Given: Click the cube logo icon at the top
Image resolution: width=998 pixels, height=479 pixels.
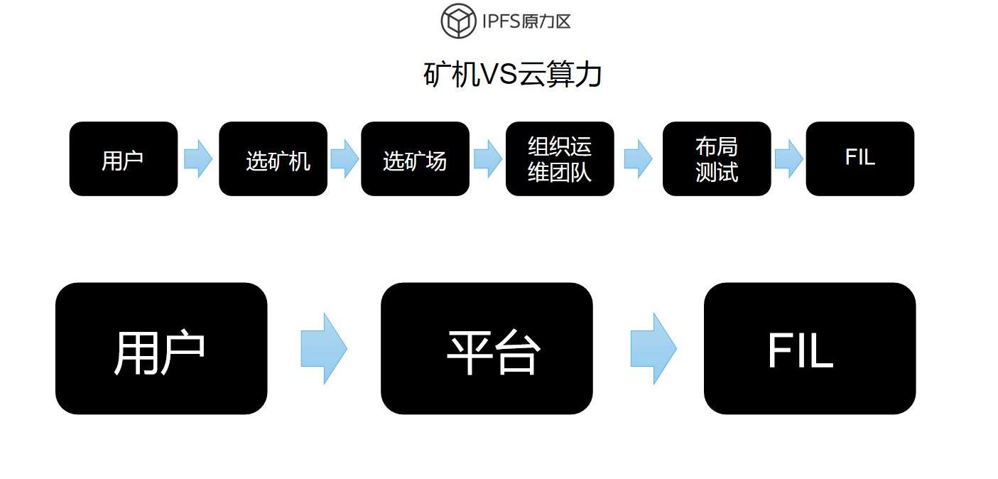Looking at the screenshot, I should tap(458, 21).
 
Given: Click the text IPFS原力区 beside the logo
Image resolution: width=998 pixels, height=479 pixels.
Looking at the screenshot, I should tap(526, 21).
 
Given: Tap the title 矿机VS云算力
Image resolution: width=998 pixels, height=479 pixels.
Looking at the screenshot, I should tap(512, 75).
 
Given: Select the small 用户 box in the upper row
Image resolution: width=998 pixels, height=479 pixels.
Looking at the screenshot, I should tap(123, 159).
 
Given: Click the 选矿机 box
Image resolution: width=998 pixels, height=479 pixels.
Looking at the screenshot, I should tap(273, 159).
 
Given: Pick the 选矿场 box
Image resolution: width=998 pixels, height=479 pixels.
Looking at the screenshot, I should tap(415, 159).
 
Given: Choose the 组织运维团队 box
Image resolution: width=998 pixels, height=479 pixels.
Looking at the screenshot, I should tap(560, 159).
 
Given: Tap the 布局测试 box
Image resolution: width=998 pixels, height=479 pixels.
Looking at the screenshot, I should tap(717, 159).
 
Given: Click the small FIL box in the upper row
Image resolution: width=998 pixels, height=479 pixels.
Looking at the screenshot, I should tap(859, 159).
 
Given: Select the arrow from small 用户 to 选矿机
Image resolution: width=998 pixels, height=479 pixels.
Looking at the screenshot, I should tap(198, 158).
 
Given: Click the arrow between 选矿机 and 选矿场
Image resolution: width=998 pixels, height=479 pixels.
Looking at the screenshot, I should tap(345, 158).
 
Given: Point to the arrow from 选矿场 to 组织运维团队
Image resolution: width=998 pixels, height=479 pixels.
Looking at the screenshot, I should tap(487, 158).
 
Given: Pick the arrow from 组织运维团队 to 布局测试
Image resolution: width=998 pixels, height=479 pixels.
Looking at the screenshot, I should tap(638, 158).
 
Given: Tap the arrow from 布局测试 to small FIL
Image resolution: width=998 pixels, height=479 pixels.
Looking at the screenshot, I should tap(788, 158).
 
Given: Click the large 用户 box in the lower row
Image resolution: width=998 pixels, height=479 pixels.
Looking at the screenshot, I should tap(161, 348).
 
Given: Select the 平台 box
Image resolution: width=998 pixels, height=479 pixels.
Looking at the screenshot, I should tap(487, 348).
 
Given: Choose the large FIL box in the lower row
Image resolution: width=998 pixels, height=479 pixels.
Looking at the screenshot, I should tap(810, 348).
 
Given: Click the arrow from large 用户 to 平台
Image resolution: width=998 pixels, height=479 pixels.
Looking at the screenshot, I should tap(324, 348).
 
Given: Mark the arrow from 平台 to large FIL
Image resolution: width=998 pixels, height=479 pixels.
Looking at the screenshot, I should tap(653, 348).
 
